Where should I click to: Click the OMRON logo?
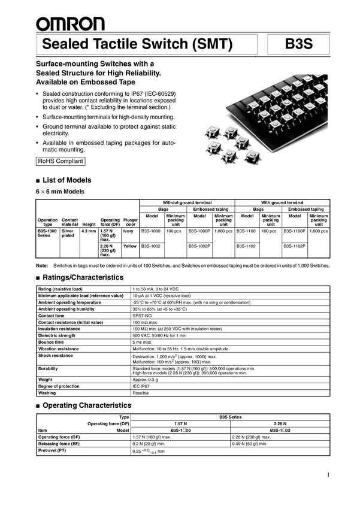click(x=70, y=23)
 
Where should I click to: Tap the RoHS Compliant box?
click(x=60, y=161)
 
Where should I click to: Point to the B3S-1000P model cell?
click(x=200, y=231)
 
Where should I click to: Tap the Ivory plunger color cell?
click(x=129, y=231)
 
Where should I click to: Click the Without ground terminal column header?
click(x=187, y=203)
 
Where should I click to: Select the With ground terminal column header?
click(x=282, y=203)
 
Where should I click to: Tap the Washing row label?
click(x=47, y=393)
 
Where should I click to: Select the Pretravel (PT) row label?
click(x=53, y=450)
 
